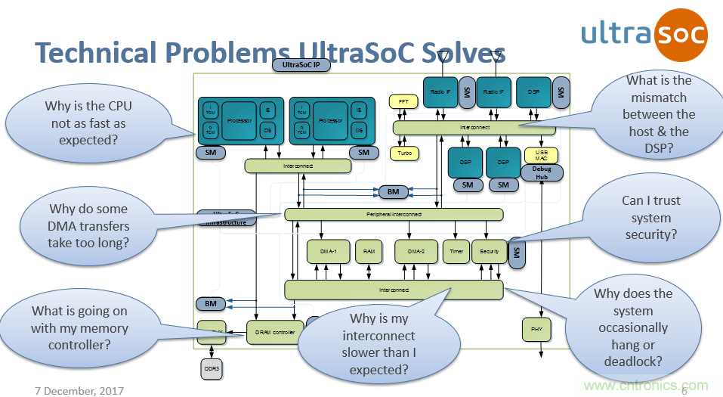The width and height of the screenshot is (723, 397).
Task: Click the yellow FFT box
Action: point(403,101)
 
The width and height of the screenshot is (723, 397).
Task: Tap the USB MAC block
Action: point(542,155)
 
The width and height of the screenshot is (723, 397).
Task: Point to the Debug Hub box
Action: point(542,172)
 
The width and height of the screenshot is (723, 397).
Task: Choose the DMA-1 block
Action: point(326,252)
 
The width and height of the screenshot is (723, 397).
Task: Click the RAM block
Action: point(369,252)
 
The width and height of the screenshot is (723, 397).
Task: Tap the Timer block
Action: point(456,252)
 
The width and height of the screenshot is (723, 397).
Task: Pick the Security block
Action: point(489,252)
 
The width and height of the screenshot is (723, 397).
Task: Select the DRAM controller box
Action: point(273,332)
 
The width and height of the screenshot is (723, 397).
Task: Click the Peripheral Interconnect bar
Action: point(393,215)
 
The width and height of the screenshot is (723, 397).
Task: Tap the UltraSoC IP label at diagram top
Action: point(301,65)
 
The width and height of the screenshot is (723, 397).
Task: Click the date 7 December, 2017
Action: point(79,390)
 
